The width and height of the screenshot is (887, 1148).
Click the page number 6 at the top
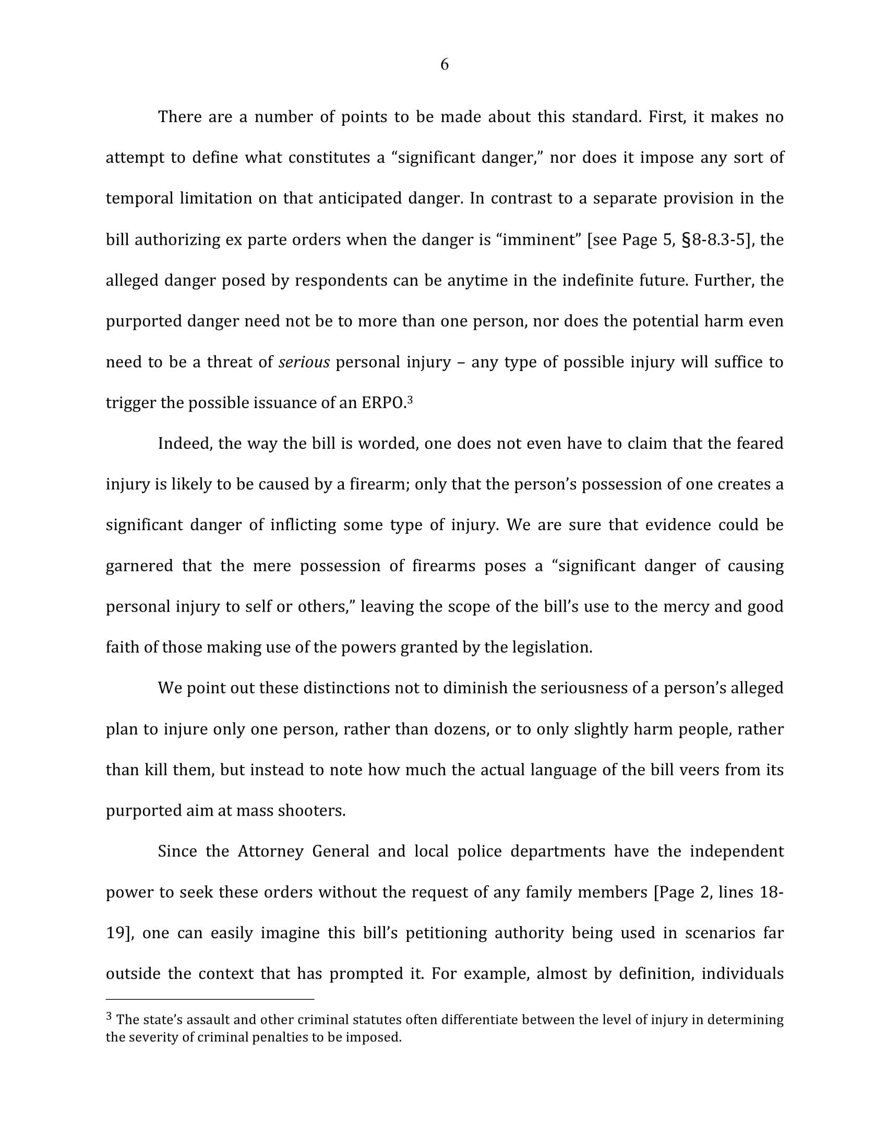[444, 65]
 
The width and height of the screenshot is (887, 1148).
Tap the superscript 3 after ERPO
[410, 400]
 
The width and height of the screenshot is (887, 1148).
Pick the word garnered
[139, 566]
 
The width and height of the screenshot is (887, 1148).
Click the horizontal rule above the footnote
[210, 999]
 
